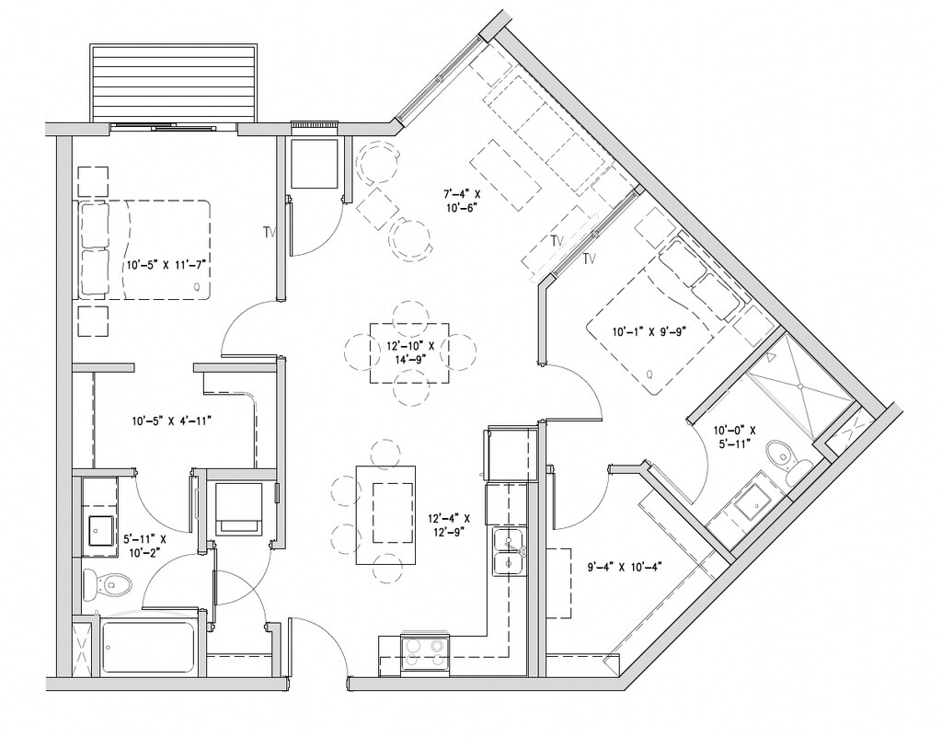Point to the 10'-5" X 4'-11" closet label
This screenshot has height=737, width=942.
[x=171, y=421]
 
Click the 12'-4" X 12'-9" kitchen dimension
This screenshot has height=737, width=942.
[x=449, y=524]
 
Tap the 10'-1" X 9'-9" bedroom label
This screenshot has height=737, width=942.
[x=649, y=331]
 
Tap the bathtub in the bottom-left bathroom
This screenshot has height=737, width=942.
[x=147, y=647]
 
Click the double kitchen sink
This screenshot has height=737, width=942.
[x=510, y=553]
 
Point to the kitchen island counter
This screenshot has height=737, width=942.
[x=387, y=514]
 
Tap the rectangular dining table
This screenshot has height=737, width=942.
[x=409, y=353]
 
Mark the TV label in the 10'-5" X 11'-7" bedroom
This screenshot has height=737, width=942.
[x=269, y=231]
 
